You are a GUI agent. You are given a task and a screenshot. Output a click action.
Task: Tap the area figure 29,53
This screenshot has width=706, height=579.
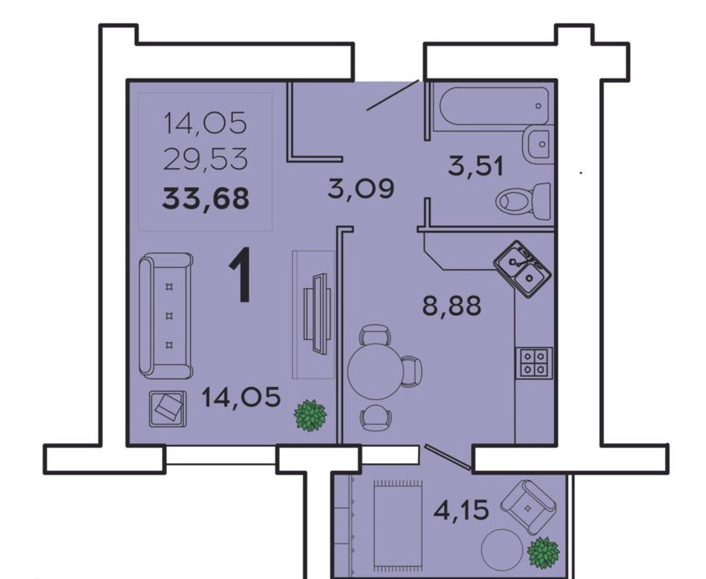[x=205, y=159]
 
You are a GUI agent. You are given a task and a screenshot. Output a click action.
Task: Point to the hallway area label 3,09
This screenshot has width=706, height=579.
[x=361, y=188]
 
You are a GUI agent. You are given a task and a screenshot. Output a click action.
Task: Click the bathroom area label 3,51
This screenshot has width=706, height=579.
[x=475, y=166]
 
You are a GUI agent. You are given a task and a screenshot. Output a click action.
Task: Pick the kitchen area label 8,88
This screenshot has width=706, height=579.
[x=451, y=305]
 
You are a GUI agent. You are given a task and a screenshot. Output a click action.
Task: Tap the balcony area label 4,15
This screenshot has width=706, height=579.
[x=461, y=510]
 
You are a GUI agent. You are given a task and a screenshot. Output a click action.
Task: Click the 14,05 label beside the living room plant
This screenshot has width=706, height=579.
[x=242, y=397]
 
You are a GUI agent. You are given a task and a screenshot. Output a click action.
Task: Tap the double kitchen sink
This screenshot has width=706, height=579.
[x=523, y=269]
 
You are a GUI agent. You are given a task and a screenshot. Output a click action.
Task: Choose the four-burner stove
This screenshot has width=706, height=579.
[x=534, y=363]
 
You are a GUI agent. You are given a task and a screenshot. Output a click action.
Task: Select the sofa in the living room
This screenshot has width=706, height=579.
[x=166, y=316]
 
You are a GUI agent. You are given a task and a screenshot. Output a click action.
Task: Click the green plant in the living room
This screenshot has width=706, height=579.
[x=310, y=415]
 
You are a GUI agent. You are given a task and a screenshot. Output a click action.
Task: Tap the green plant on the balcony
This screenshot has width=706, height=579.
[x=543, y=553]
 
